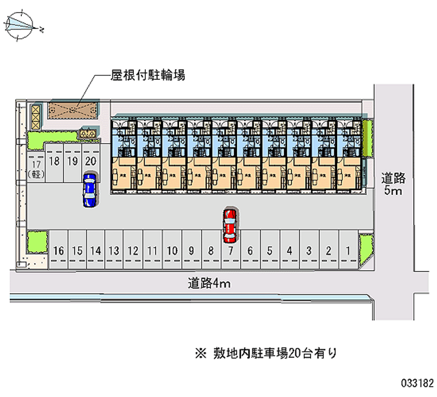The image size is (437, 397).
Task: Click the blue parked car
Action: (x=89, y=189)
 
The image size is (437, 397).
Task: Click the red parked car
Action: (x=230, y=225)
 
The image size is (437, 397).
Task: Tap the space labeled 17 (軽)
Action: (x=36, y=167)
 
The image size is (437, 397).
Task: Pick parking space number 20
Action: (x=91, y=161)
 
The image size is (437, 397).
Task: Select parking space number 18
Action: (x=54, y=161)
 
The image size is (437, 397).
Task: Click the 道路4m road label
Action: (x=210, y=283)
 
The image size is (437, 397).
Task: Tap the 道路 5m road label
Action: (x=393, y=183)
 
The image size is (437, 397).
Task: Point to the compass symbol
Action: (x=21, y=25)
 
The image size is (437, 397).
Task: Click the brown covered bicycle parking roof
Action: (x=73, y=110)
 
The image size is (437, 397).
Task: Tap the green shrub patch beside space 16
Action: (x=37, y=242)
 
